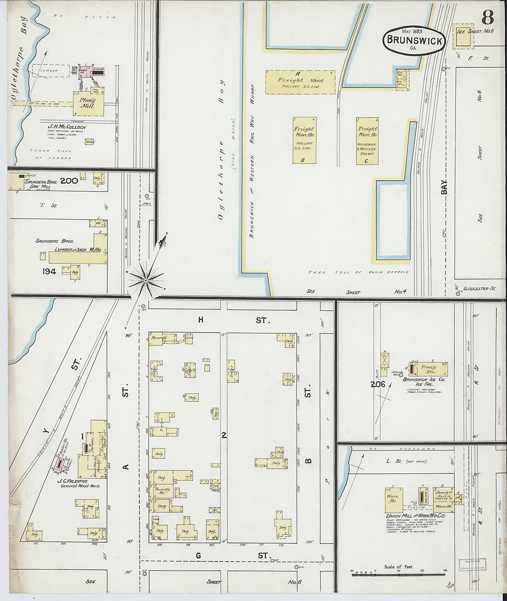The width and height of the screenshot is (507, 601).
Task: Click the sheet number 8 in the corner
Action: click(x=488, y=18)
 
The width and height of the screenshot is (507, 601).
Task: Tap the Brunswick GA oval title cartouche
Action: click(x=414, y=40)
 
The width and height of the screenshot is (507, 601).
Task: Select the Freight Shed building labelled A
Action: click(x=300, y=82)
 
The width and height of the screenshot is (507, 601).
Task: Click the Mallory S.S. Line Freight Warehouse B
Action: click(x=304, y=140)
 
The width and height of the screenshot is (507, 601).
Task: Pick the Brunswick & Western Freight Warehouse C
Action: click(x=367, y=140)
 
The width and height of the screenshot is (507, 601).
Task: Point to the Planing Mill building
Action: click(x=88, y=103)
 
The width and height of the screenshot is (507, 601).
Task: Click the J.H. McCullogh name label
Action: click(x=67, y=127)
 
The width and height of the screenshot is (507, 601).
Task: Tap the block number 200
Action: click(x=69, y=181)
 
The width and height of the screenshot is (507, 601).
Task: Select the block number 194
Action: click(x=49, y=271)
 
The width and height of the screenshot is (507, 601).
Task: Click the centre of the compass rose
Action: click(x=146, y=280)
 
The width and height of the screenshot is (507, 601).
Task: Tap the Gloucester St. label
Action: click(x=479, y=289)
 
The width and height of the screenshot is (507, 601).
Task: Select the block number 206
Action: click(x=378, y=384)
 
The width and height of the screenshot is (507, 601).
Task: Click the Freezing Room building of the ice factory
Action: click(x=428, y=369)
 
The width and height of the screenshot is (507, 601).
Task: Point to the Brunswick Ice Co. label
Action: click(x=424, y=380)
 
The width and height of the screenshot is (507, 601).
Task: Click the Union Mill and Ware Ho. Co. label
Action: click(x=415, y=516)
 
